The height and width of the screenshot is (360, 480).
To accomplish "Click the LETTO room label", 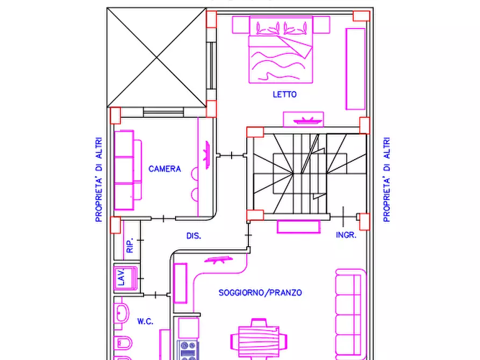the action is pos(285,94).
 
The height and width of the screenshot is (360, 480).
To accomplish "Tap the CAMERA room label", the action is pos(164,169).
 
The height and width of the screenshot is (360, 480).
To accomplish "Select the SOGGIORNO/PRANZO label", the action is pos(260,293).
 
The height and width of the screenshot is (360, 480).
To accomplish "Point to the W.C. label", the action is pos(145,321).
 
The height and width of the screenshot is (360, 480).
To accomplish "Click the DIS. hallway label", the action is pos(194,236).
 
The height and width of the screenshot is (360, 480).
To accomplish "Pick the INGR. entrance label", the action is pos(346,235).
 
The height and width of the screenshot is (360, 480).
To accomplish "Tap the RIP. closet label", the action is pos(130,245).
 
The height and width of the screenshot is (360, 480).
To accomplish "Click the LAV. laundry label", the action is pos(121,277).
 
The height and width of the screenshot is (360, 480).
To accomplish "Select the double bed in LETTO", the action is pos(281,49).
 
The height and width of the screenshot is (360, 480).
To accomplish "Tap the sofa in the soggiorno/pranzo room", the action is pos(350,314).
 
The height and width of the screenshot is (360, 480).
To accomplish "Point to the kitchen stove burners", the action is pos(188,350).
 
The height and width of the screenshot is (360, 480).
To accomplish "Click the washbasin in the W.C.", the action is pos(121,313).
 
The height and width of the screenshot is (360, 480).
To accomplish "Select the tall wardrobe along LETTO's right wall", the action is pos(355,69).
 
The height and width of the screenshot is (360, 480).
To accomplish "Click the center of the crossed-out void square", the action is pos(157,57).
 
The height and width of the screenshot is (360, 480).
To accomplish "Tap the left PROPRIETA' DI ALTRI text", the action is pos(98,179).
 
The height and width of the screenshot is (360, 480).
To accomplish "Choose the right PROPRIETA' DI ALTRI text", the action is pos(386,179).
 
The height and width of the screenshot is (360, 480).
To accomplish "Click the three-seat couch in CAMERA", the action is pos(128,170).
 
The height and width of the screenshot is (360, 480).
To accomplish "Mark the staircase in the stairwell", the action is pos(309,174).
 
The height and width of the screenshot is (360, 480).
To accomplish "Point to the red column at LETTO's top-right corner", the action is pos(362,16).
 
